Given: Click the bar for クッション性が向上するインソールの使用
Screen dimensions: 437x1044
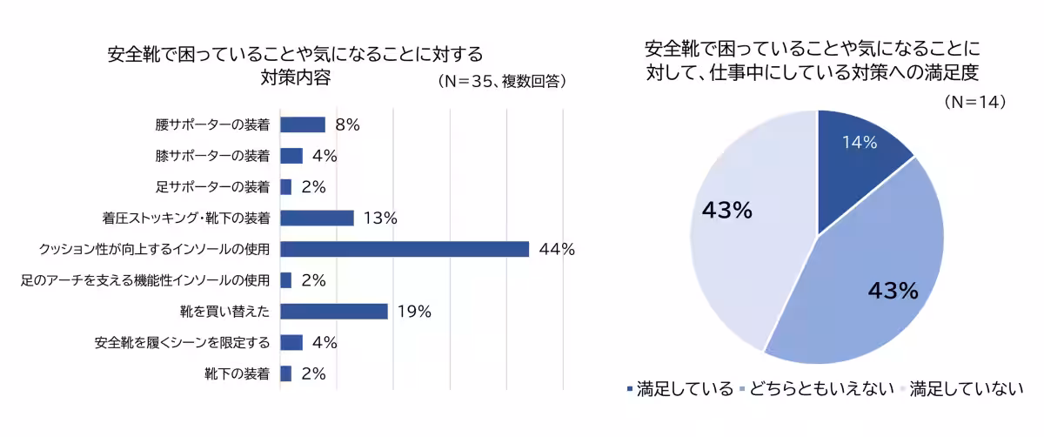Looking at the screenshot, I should coord(405,249).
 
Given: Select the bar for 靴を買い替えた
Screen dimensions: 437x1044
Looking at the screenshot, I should coord(334,312).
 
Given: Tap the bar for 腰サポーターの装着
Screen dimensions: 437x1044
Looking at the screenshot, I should coord(303,124).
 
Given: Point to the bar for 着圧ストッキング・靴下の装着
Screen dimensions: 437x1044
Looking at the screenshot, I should coord(317,218).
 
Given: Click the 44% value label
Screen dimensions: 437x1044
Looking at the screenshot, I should coord(557,249).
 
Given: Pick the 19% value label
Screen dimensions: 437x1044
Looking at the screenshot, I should coord(414,312).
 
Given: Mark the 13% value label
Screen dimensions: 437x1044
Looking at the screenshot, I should coord(380,218).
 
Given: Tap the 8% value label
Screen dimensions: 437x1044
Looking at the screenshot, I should coord(347,124).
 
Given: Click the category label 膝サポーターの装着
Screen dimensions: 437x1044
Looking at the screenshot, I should coord(212,156).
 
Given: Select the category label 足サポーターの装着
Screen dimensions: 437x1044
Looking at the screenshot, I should coord(212,186).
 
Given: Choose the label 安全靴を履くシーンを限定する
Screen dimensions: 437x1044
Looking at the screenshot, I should coord(182,342).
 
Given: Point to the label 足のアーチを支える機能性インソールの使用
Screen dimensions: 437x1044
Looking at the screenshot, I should coord(144,280).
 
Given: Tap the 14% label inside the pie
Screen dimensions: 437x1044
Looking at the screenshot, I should coord(859,142).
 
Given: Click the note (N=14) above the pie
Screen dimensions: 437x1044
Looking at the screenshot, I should coord(975,102).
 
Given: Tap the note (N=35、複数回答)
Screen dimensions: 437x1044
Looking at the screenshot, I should coord(503,81).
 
